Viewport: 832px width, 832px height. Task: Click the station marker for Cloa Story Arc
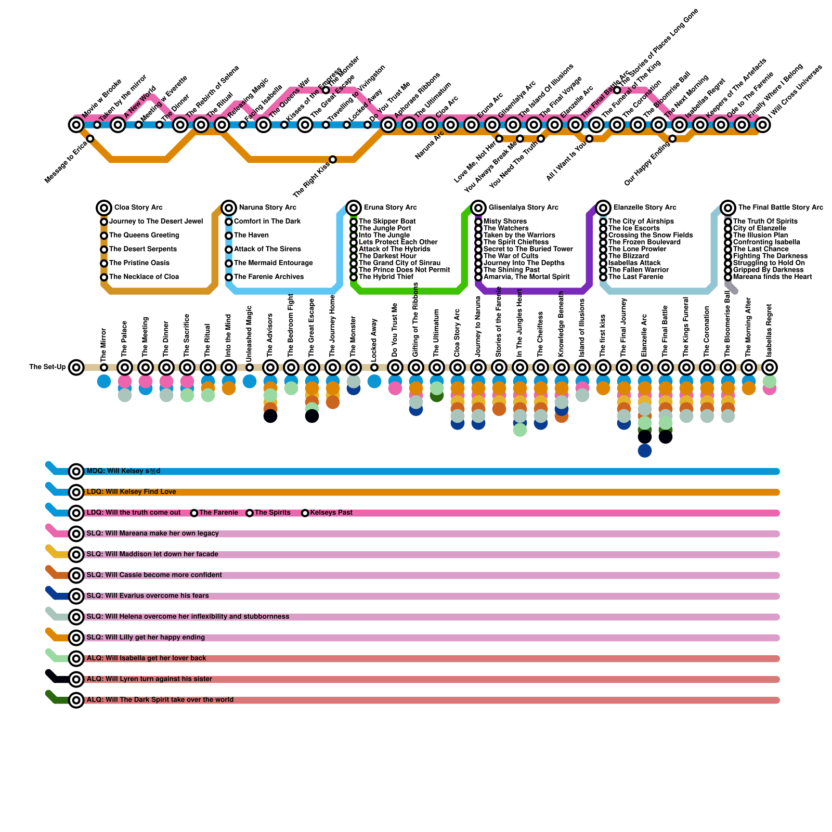104,208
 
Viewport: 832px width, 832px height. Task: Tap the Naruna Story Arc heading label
267,207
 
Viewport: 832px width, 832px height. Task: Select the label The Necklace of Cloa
144,277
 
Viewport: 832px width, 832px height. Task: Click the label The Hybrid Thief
386,277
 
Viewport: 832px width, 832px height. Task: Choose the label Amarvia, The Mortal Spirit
526,277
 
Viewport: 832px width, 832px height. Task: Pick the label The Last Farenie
635,277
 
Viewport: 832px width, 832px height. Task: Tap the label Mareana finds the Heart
772,277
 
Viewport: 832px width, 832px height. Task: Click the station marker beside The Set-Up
76,368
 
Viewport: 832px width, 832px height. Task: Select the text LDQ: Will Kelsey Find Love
131,492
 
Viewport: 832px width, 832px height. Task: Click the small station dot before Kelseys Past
305,513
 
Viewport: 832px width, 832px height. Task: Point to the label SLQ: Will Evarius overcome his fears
148,596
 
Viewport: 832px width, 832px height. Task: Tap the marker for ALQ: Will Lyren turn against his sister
76,679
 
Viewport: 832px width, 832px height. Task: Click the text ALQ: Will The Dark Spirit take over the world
160,700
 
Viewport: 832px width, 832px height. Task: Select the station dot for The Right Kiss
333,160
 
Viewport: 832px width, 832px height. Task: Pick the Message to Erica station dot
90,138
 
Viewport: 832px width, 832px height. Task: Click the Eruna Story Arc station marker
354,208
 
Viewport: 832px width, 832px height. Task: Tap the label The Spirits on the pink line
272,513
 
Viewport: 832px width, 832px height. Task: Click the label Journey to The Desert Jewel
156,222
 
